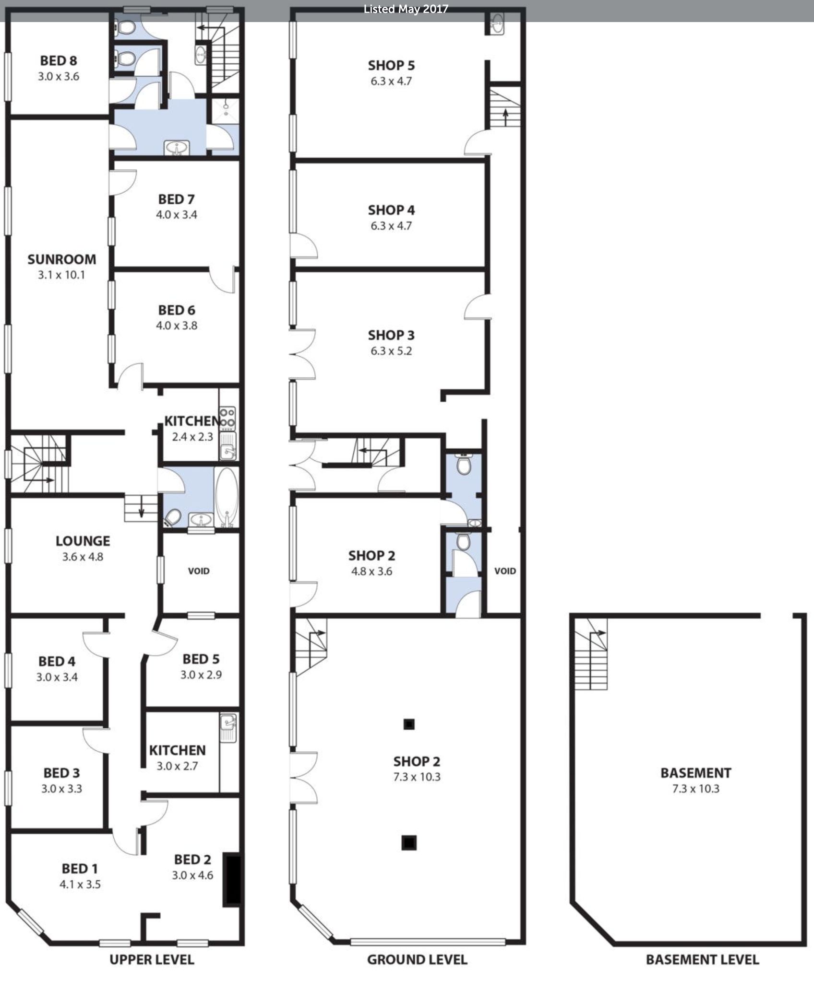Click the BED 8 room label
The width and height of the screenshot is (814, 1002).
click(x=59, y=61)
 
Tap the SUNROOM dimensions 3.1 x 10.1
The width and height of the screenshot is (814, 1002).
click(x=61, y=275)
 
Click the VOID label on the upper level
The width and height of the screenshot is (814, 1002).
click(x=199, y=571)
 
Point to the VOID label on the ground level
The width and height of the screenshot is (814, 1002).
click(x=505, y=571)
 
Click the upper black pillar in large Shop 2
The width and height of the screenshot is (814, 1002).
click(x=408, y=724)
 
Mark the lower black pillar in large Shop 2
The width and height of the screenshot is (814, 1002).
click(x=408, y=842)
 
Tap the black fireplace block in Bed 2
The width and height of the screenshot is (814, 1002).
click(x=233, y=881)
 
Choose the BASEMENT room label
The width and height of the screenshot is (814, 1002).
click(x=695, y=773)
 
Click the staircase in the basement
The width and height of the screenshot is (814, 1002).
click(x=591, y=655)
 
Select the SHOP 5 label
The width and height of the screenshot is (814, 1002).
click(x=391, y=65)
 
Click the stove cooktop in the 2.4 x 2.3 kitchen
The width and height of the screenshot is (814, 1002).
click(x=227, y=418)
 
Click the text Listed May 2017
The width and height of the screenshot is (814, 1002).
click(x=406, y=9)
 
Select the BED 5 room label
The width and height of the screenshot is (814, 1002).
click(x=201, y=659)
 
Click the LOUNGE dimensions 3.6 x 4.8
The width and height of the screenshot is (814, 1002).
click(x=83, y=557)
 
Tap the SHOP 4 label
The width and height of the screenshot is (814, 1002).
click(x=391, y=210)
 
